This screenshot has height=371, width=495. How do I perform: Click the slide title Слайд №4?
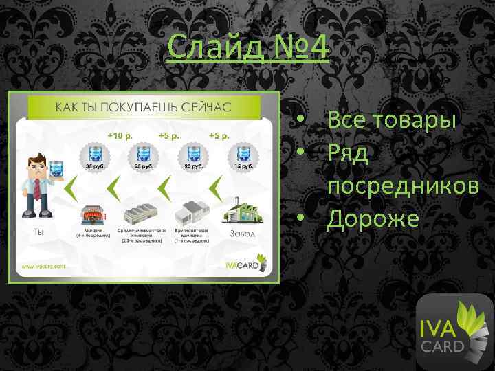[x=248, y=48]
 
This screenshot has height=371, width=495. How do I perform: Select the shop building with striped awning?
[x=92, y=214]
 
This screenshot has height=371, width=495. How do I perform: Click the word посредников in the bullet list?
[x=403, y=186]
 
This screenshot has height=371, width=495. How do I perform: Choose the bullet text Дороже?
[x=373, y=218]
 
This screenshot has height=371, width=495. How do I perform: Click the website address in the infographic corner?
[x=43, y=265]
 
